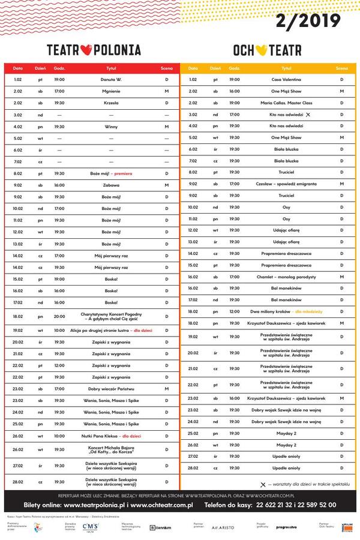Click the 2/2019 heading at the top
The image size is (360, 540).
point(308,22)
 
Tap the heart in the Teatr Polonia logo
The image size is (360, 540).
point(86,50)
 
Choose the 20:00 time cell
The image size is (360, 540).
point(59,316)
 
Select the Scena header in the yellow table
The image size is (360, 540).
point(341,68)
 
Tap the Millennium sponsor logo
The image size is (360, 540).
point(161,527)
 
